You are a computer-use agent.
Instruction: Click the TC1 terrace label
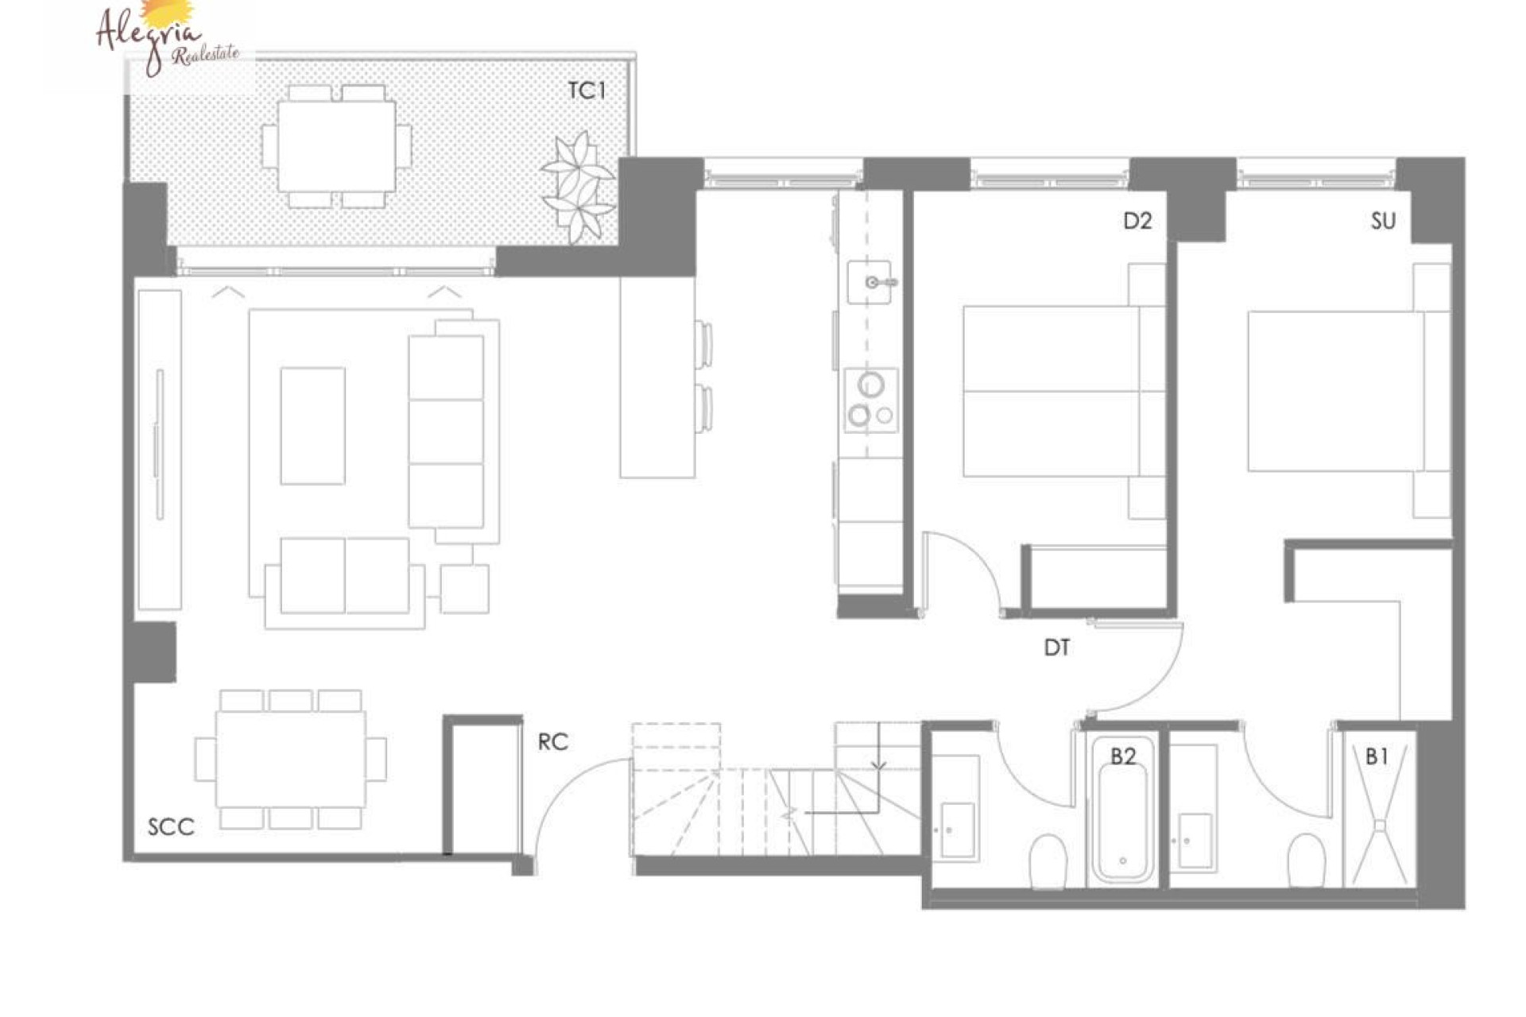point(587,91)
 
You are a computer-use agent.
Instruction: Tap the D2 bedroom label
point(1137,221)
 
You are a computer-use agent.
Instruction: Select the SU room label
point(1383,221)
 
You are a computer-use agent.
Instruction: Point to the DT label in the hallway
point(1056,648)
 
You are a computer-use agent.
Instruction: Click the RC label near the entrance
point(553,742)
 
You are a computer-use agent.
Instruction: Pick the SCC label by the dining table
point(171,827)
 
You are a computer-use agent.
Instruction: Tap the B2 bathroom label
point(1122,756)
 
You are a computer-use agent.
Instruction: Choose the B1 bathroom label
point(1377,756)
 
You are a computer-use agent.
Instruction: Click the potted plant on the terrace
point(579,188)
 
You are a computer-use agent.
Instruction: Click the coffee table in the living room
point(312,425)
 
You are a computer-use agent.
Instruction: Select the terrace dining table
point(336,146)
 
